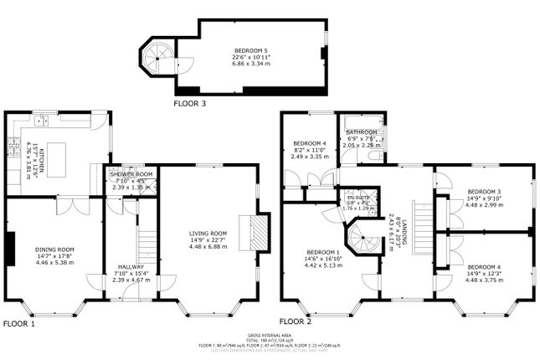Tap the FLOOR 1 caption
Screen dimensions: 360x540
[20, 322]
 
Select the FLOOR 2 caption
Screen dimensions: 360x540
[296, 321]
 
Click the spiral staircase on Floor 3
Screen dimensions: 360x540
[156, 58]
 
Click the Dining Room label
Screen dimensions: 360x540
[54, 249]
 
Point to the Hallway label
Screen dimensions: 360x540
[131, 267]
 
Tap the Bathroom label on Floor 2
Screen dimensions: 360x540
[363, 132]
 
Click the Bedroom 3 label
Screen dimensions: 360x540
[484, 191]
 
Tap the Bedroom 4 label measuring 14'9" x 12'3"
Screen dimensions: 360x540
[484, 267]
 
